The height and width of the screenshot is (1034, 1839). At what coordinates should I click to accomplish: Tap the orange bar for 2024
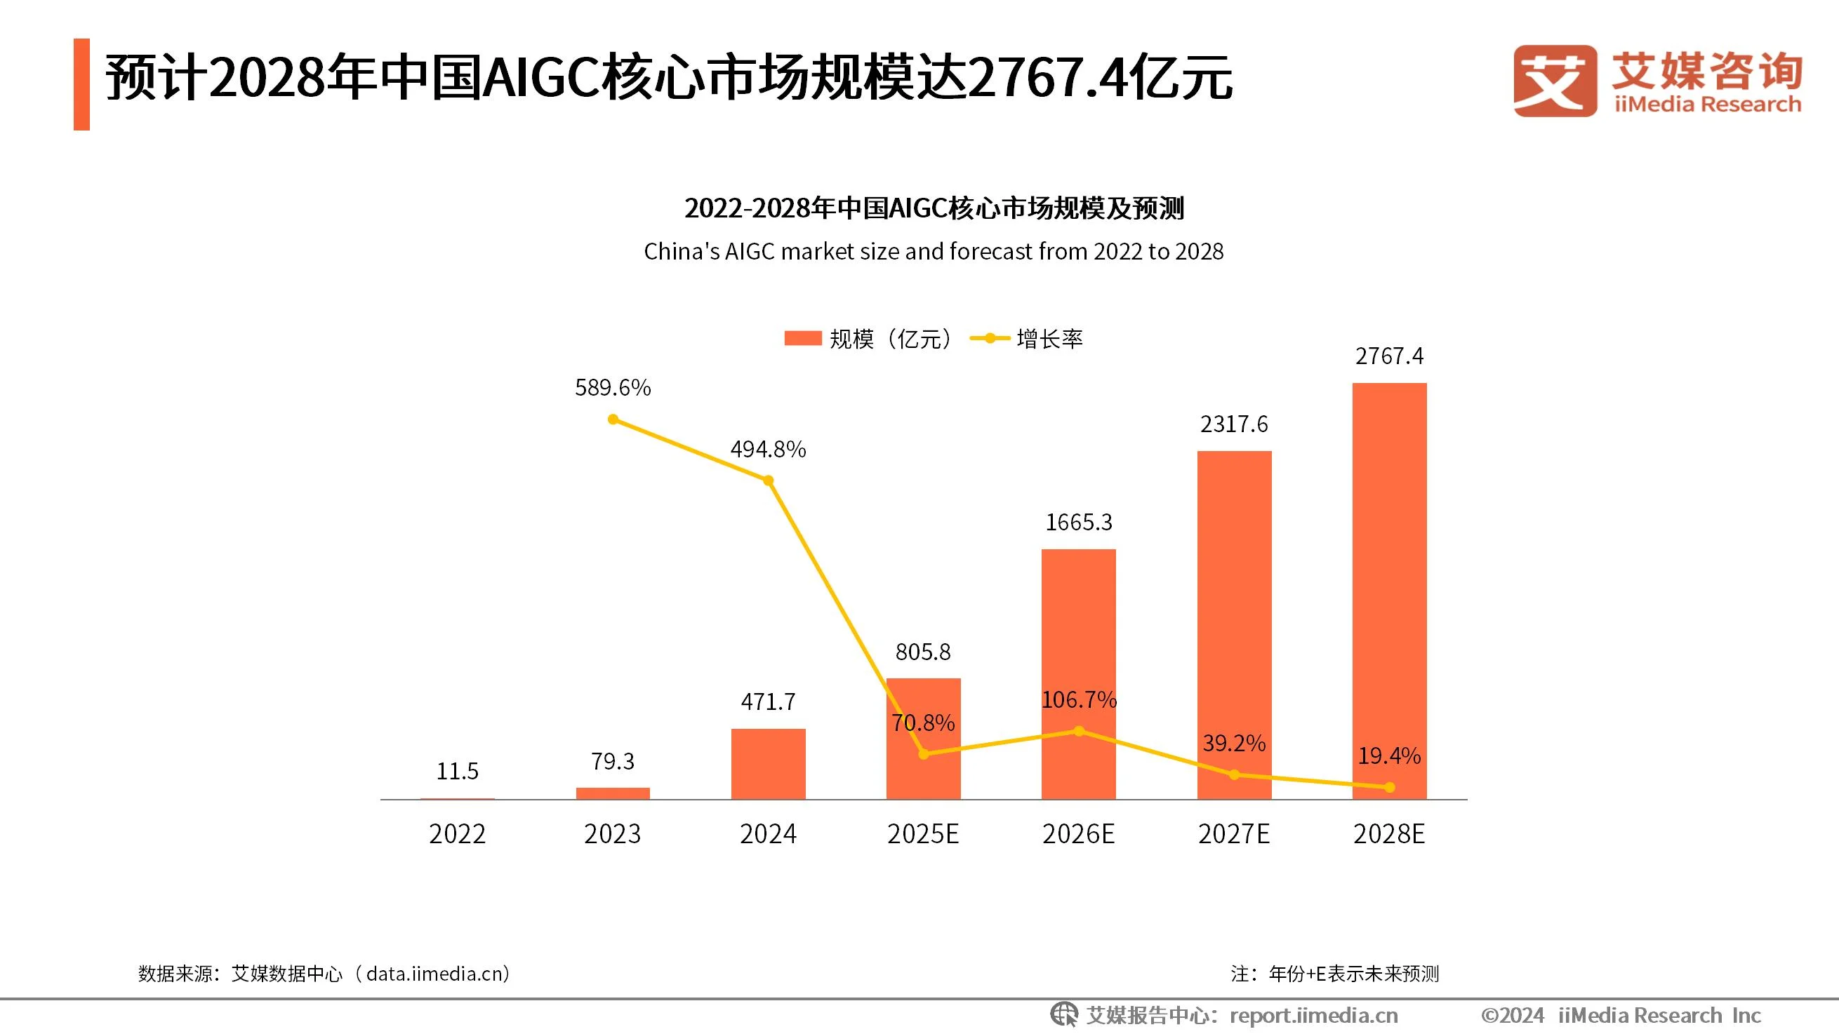click(768, 763)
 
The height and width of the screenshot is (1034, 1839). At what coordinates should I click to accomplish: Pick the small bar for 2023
click(613, 793)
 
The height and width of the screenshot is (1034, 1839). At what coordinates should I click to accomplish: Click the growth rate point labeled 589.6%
click(613, 419)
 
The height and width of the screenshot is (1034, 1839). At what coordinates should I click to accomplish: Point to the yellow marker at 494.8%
click(768, 481)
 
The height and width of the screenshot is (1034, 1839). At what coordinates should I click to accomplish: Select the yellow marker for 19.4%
click(1389, 787)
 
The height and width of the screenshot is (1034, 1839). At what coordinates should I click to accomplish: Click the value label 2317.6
click(1234, 424)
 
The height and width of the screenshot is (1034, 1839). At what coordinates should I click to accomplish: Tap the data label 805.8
click(923, 652)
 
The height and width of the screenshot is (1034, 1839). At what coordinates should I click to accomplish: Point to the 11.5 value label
click(457, 771)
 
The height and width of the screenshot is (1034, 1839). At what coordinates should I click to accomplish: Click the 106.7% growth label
click(1078, 700)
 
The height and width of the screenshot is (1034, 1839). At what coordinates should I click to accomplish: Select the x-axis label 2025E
click(923, 833)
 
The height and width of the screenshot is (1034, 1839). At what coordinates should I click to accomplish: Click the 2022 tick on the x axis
click(457, 833)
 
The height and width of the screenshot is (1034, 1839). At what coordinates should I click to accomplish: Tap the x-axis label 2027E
click(1234, 833)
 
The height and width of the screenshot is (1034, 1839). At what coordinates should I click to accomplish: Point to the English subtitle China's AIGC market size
click(933, 251)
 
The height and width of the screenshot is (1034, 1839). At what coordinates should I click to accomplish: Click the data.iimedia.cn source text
click(437, 974)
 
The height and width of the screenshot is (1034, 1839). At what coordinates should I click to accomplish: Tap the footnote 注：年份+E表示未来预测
click(1334, 974)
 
